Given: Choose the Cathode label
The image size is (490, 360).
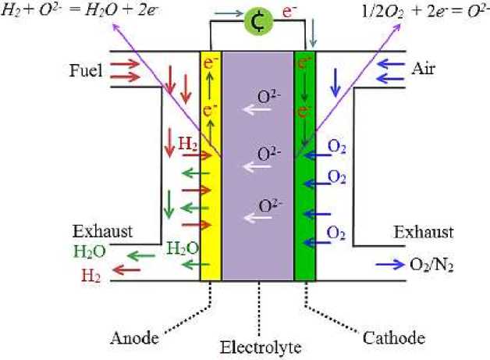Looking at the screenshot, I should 394,337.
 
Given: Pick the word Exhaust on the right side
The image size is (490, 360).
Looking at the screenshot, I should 423,232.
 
